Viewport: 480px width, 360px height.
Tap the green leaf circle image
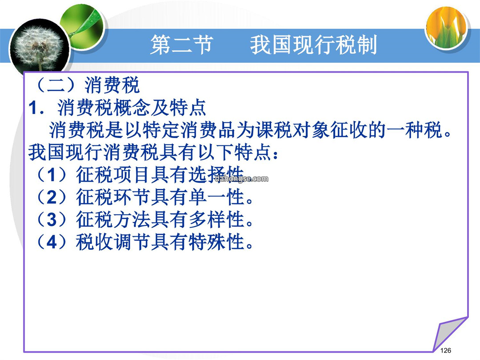pyautogui.click(x=83, y=28)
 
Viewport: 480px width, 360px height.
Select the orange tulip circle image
pyautogui.click(x=447, y=28)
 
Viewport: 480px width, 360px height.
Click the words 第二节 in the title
pyautogui.click(x=181, y=45)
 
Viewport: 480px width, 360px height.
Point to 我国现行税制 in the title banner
pyautogui.click(x=313, y=45)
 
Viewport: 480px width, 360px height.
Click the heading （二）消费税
pyautogui.click(x=87, y=85)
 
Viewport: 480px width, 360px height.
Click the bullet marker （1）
pyautogui.click(x=52, y=175)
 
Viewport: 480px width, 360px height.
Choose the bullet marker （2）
pyautogui.click(x=52, y=197)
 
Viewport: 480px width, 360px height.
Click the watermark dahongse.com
pyautogui.click(x=241, y=179)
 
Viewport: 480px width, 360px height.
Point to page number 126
pyautogui.click(x=445, y=351)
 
